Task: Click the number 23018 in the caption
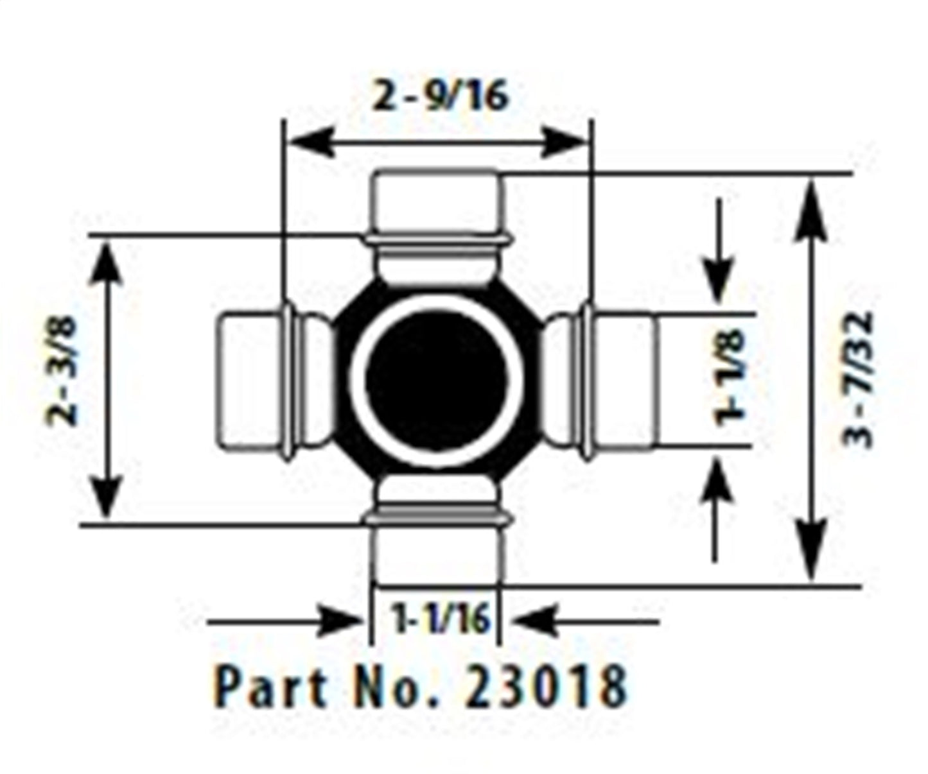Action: coord(547,687)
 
